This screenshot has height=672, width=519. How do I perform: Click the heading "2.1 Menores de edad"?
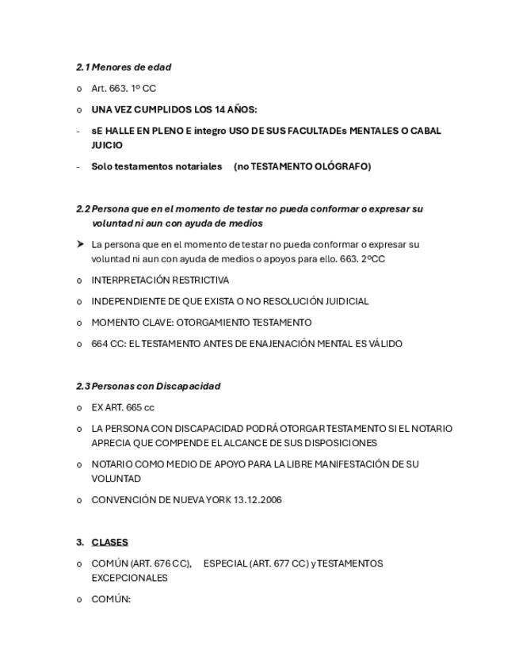tap(124, 67)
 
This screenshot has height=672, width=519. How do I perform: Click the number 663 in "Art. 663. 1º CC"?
tap(118, 89)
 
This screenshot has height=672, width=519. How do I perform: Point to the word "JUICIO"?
tap(107, 146)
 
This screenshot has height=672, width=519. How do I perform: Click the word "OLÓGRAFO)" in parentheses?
tap(342, 166)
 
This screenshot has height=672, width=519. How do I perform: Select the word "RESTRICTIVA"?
tap(200, 281)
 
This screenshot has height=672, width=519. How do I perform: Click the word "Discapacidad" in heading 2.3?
tap(188, 387)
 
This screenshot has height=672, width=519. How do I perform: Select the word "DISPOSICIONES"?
tap(335, 443)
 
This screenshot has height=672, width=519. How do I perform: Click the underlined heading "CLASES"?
tap(109, 543)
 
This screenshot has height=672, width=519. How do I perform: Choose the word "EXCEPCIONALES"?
tap(129, 578)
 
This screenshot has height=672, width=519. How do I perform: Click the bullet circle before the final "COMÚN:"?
tap(79, 600)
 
